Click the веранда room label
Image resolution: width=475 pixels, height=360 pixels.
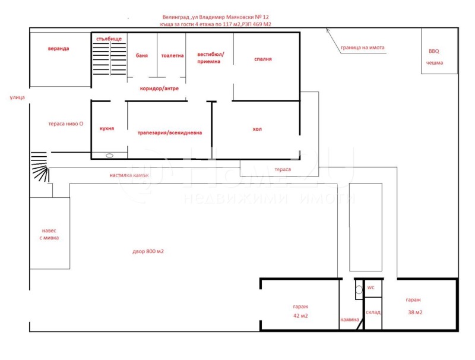pyautogui.click(x=58, y=49)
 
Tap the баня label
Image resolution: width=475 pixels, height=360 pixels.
pyautogui.click(x=142, y=55)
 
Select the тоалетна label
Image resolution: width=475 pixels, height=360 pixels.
pyautogui.click(x=172, y=55)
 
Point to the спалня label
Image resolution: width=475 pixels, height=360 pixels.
pyautogui.click(x=263, y=59)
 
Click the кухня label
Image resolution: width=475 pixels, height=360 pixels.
pyautogui.click(x=107, y=128)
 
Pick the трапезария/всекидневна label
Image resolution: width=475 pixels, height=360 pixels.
pyautogui.click(x=170, y=132)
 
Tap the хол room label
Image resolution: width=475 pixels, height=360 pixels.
pyautogui.click(x=257, y=129)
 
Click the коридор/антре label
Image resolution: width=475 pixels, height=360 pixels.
pyautogui.click(x=159, y=89)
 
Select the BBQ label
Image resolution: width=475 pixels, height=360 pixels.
pyautogui.click(x=434, y=51)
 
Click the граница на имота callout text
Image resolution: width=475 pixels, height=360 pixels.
pyautogui.click(x=363, y=48)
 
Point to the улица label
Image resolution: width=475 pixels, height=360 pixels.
pyautogui.click(x=17, y=97)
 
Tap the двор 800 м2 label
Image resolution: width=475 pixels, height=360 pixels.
pyautogui.click(x=148, y=251)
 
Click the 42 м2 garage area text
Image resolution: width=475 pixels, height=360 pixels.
pyautogui.click(x=300, y=316)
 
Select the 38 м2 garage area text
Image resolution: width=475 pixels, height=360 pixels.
pyautogui.click(x=415, y=312)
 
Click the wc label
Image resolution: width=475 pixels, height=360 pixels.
pyautogui.click(x=370, y=288)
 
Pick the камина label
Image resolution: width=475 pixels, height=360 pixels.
pyautogui.click(x=350, y=320)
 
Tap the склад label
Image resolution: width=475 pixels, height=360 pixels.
pyautogui.click(x=373, y=312)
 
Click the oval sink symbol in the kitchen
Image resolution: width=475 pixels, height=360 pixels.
pyautogui.click(x=110, y=156)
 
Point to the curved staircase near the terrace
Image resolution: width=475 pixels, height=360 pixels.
pyautogui.click(x=40, y=166)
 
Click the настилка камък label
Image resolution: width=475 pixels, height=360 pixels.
pyautogui.click(x=129, y=175)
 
